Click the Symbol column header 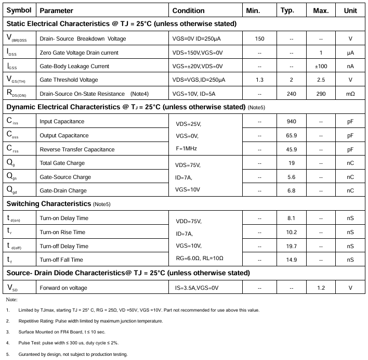(19, 10)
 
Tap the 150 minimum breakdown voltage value (259, 39)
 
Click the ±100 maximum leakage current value (321, 66)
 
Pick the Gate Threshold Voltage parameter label (69, 80)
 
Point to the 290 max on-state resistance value (321, 94)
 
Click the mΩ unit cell (350, 94)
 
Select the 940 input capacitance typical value (291, 121)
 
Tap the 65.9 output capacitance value (291, 135)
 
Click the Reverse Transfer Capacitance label (77, 149)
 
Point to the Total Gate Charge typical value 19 (291, 163)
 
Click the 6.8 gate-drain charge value (291, 190)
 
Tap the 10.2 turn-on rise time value (291, 232)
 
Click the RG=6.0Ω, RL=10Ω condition (200, 258)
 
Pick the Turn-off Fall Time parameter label (61, 260)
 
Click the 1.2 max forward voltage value (321, 288)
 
